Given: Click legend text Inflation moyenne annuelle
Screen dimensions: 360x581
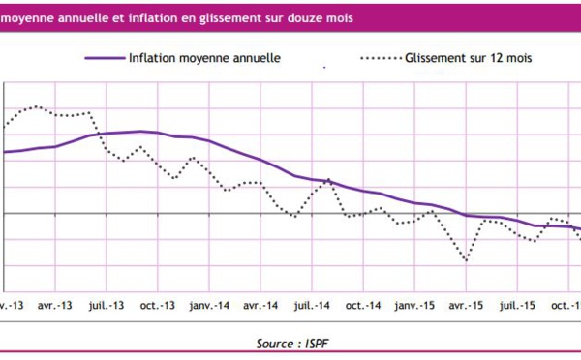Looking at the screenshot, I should [204, 58].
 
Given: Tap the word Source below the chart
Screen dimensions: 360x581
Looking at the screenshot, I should [276, 343].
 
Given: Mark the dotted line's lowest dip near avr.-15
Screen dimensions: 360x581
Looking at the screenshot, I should [468, 260].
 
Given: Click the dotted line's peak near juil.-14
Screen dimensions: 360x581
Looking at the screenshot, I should [328, 179].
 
